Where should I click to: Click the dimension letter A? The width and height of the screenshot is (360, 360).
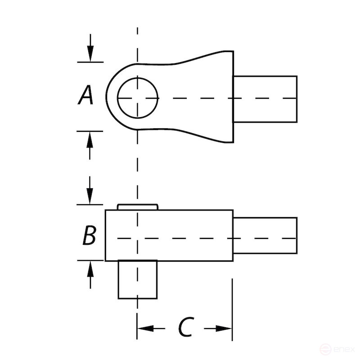tap(85, 95)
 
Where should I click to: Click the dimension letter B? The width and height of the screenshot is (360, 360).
tap(90, 235)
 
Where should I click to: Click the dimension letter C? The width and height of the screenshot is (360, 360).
tap(186, 327)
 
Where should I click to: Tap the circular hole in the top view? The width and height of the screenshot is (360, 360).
tap(138, 98)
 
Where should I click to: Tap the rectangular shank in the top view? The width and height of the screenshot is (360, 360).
tap(265, 99)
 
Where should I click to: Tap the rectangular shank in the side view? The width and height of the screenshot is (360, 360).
tap(265, 235)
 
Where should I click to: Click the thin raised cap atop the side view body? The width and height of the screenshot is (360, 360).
tap(138, 207)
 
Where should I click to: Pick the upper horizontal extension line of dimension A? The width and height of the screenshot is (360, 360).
tap(90, 62)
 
